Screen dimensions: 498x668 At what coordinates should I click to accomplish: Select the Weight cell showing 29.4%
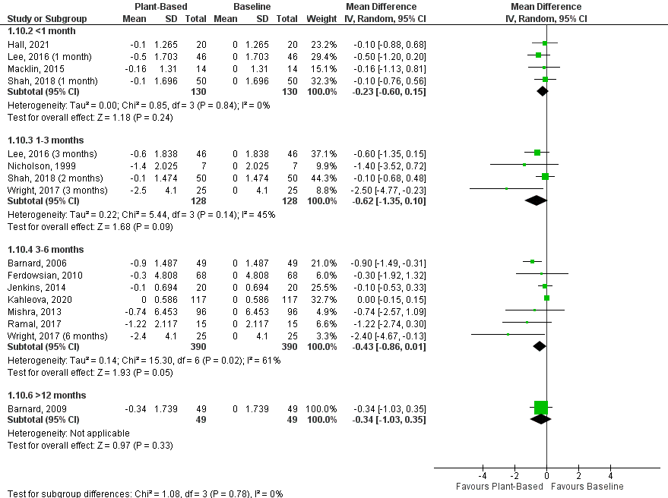321,56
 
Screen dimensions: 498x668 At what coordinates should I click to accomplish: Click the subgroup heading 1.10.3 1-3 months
46,140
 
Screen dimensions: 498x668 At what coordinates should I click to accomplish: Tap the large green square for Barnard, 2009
540,408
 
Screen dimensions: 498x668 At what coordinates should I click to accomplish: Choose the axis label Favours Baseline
587,486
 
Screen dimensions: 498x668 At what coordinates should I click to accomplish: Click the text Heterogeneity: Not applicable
68,433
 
